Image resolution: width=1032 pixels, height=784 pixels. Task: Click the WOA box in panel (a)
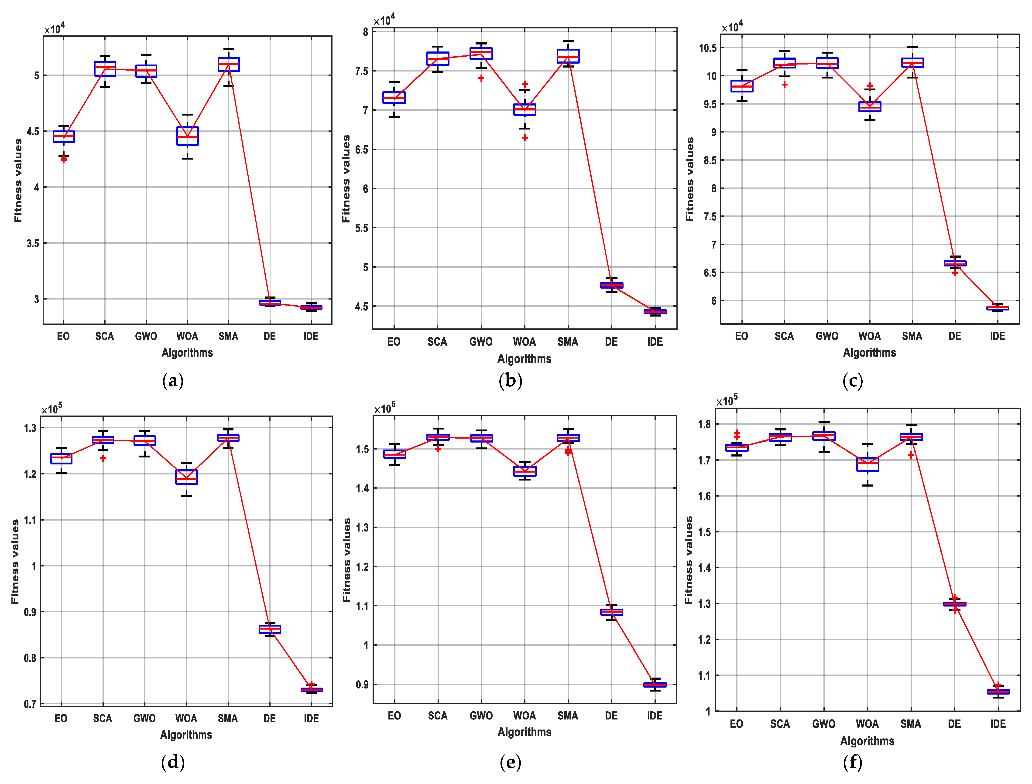tap(187, 136)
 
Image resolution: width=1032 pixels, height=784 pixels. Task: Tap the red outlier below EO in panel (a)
tap(64, 160)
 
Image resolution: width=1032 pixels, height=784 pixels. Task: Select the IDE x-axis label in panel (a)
tap(311, 337)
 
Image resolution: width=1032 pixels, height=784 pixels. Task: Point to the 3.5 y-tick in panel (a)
tap(33, 243)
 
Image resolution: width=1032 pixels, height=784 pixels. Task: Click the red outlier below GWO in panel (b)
tap(481, 78)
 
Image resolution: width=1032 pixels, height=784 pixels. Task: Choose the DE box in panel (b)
tap(611, 285)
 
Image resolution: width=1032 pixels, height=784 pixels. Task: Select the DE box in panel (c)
tap(955, 264)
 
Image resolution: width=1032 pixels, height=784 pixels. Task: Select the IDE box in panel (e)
tap(655, 685)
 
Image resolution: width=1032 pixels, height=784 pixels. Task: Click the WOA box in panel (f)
tap(867, 465)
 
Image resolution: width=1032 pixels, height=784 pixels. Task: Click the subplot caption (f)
tap(852, 763)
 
